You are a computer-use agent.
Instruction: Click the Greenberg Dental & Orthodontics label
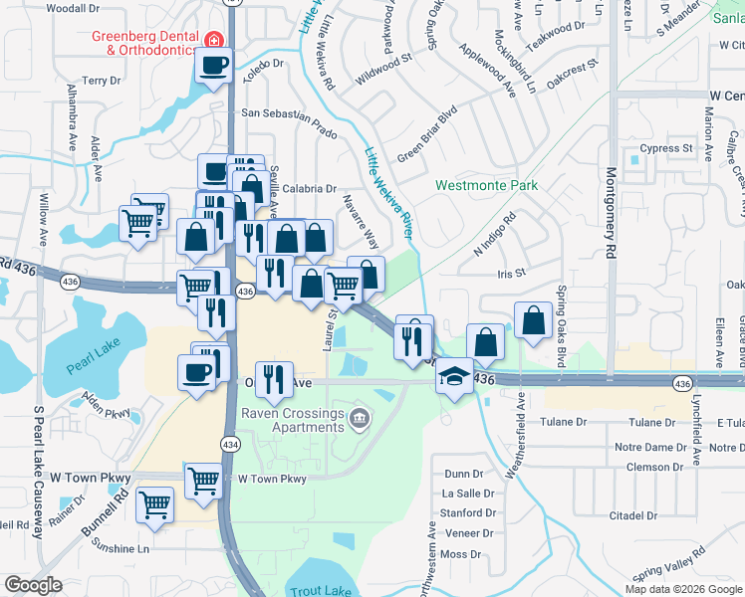point(143,43)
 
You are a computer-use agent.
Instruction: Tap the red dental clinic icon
point(212,40)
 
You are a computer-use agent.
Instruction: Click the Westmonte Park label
point(486,185)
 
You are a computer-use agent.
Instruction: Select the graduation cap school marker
point(454,377)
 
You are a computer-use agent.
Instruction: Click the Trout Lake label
point(321,590)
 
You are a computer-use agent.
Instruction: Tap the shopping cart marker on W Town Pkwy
point(203,481)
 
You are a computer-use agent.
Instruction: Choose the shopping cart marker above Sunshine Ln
point(155,504)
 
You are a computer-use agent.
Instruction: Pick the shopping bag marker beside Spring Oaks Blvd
point(534,320)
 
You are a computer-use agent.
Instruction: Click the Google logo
point(33,585)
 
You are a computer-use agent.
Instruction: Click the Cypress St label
point(666,148)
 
